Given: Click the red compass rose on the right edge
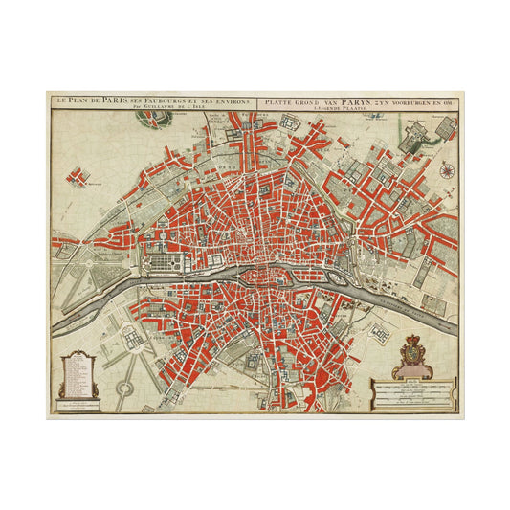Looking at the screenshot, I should pos(447,171).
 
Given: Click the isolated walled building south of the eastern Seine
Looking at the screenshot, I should pos(381,332).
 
